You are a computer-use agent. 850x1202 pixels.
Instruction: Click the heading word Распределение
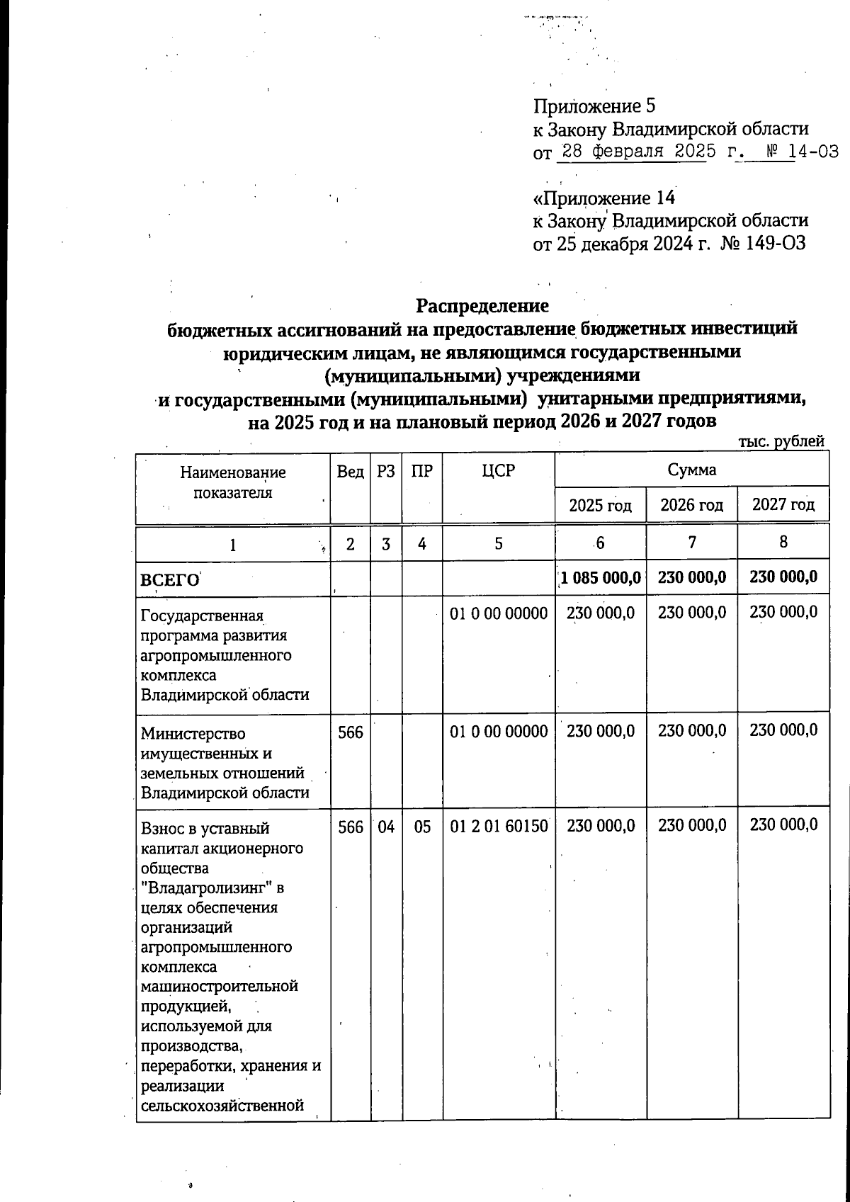click(x=482, y=306)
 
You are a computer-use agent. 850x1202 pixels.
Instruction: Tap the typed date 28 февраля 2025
click(x=633, y=152)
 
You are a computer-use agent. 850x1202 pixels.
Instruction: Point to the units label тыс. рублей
click(x=781, y=441)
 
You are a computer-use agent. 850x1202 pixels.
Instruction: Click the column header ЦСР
click(x=498, y=471)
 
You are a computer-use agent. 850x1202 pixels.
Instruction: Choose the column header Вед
click(x=351, y=471)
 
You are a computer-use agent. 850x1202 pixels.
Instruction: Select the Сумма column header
click(x=691, y=470)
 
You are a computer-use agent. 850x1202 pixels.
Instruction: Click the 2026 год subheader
click(x=691, y=505)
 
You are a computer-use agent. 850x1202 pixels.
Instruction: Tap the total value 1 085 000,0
click(x=601, y=577)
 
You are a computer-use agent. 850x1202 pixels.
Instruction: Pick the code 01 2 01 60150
click(x=499, y=826)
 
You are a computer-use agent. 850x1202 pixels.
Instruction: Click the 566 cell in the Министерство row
click(x=351, y=731)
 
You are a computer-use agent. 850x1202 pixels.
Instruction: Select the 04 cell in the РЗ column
click(x=386, y=826)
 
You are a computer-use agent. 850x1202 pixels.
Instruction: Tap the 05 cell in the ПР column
click(x=422, y=826)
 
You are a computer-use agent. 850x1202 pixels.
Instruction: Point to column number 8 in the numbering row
click(x=783, y=543)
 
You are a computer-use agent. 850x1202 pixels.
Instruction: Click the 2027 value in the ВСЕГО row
click(x=783, y=577)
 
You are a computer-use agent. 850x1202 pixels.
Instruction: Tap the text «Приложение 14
click(x=603, y=198)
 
